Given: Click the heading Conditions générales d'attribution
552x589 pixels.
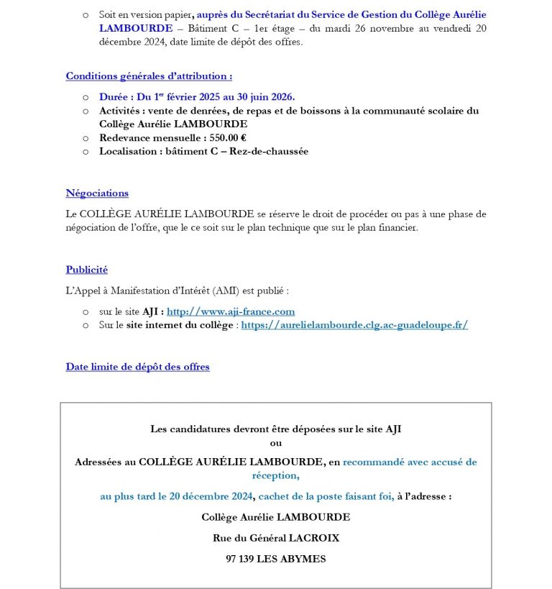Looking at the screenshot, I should (x=149, y=76).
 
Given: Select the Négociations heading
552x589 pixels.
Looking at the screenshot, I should (x=97, y=193).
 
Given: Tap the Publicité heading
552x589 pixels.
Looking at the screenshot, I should (x=87, y=270).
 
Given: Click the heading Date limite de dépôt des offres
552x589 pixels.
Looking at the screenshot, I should (x=138, y=367).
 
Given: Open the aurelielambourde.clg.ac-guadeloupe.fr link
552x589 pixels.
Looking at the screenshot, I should (x=354, y=325).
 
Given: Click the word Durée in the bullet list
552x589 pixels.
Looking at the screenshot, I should (x=114, y=96).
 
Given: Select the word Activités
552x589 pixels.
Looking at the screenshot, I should (x=120, y=111).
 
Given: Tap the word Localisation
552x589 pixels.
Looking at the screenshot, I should (x=129, y=151).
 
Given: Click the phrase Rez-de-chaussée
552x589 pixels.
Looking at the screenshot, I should (x=269, y=151).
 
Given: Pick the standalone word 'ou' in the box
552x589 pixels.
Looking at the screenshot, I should (x=275, y=443).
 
